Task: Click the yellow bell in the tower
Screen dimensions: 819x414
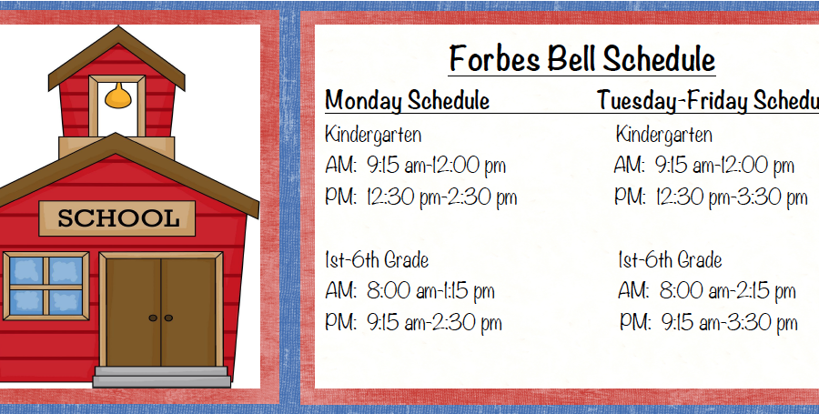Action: tap(118, 96)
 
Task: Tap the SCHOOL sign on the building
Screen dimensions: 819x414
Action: tap(117, 218)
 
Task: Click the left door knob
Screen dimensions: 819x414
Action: tap(153, 318)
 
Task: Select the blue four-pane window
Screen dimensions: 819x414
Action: tap(46, 287)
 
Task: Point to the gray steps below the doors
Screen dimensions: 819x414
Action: tap(161, 377)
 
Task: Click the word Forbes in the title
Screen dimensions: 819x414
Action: tap(494, 58)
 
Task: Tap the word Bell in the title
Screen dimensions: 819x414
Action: tap(571, 58)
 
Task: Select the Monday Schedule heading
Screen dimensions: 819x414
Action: tap(407, 100)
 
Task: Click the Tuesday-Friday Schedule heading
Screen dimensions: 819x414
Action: tap(708, 100)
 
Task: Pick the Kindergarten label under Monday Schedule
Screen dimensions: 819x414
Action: tap(373, 135)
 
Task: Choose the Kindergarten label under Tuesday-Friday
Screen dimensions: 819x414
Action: tap(664, 135)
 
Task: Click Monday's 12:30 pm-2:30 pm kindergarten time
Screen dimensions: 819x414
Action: tap(441, 197)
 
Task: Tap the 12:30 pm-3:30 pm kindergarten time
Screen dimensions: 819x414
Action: tap(732, 197)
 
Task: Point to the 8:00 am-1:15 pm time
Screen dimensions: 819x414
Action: tap(430, 291)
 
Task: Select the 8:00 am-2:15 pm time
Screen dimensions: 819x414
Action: tap(728, 291)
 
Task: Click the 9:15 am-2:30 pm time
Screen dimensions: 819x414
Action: tap(434, 323)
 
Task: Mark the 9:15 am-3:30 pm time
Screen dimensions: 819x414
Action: tap(729, 323)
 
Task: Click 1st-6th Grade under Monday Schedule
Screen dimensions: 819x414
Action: tap(377, 260)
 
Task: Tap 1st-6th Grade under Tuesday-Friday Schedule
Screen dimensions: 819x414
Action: tap(670, 260)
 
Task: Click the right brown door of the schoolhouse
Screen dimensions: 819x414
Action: tap(188, 312)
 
